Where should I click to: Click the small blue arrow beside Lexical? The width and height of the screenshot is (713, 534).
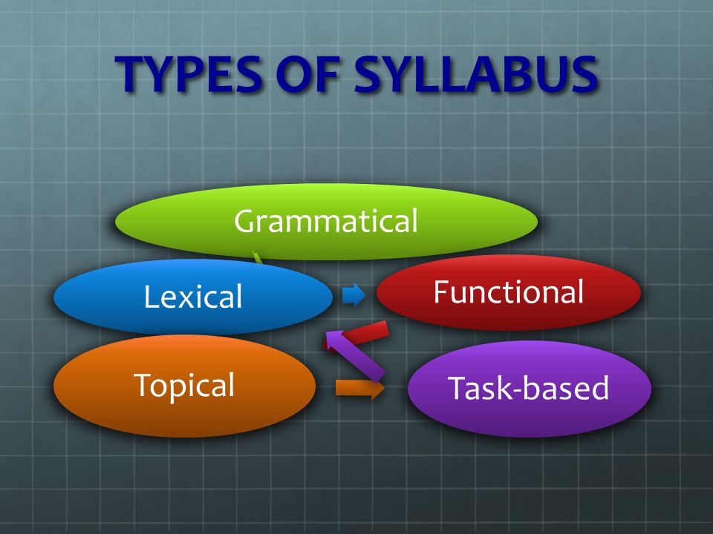pos(354,295)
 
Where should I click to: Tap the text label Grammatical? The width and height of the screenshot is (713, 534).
pos(326,221)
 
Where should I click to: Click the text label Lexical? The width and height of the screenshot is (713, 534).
pos(193,297)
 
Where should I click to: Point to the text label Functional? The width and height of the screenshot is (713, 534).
pos(509,292)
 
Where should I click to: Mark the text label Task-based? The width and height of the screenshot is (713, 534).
pos(528,389)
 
